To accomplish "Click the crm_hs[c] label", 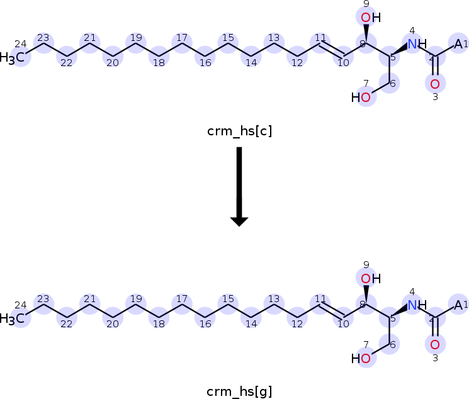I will pyautogui.click(x=239, y=131).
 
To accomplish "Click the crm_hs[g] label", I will pyautogui.click(x=239, y=391).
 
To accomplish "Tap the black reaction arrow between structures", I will pyautogui.click(x=239, y=186).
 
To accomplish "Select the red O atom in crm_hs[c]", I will pyautogui.click(x=434, y=83).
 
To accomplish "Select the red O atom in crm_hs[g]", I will pyautogui.click(x=434, y=344).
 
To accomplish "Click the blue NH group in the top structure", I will pyautogui.click(x=415, y=44).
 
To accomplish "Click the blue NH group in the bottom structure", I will pyautogui.click(x=415, y=305).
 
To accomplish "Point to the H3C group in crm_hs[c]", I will pyautogui.click(x=14, y=59).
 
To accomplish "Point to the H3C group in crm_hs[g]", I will pyautogui.click(x=14, y=319).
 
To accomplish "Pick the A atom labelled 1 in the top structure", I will pyautogui.click(x=458, y=44).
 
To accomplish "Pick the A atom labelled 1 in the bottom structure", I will pyautogui.click(x=458, y=305).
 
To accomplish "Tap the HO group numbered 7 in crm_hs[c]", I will pyautogui.click(x=362, y=98).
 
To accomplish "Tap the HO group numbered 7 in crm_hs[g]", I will pyautogui.click(x=362, y=359).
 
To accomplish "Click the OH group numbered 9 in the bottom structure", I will pyautogui.click(x=370, y=278).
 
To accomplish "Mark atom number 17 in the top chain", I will pyautogui.click(x=181, y=43).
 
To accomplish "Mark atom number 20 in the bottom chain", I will pyautogui.click(x=112, y=318).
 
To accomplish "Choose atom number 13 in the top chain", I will pyautogui.click(x=273, y=43).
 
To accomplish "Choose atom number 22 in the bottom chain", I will pyautogui.click(x=65, y=318).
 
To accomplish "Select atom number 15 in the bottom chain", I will pyautogui.click(x=228, y=305).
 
